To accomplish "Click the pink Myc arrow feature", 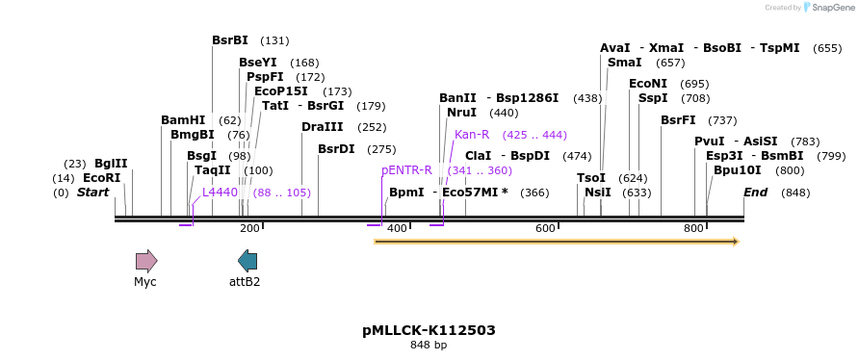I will [146, 260].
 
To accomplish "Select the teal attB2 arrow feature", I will [247, 260].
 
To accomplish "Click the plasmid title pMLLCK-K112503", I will [429, 330].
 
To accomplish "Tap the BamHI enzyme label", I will [183, 120].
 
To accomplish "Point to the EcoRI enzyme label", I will [101, 178].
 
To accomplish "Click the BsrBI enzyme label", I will [230, 40].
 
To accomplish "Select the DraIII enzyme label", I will [322, 127].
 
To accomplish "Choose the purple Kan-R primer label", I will [472, 135].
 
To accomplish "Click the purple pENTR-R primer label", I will [406, 170].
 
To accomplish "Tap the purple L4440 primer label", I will [220, 193].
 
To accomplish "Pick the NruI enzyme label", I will [461, 113].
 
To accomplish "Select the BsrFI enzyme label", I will [678, 120].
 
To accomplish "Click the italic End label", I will [755, 193].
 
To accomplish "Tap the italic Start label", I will [93, 193].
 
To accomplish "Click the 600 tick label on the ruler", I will [545, 228].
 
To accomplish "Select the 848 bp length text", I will [429, 345].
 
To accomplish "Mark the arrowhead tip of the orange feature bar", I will [738, 241].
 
